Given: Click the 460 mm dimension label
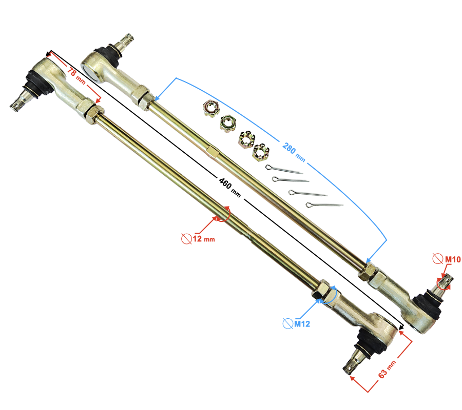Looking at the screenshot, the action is coord(230,188).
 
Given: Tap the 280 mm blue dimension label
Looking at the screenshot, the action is coord(294,152).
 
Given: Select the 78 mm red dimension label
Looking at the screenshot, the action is coord(76,75).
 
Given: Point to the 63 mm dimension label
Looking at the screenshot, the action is coord(387,369).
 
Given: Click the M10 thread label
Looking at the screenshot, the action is coord(453,259).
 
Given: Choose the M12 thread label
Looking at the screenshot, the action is coord(302,324).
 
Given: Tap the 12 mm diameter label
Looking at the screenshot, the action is coord(204,238).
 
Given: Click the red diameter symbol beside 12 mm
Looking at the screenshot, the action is coord(186,238).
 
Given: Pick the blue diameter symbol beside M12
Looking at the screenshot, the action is coord(288,323).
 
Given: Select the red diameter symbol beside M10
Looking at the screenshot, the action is coord(438,258).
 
